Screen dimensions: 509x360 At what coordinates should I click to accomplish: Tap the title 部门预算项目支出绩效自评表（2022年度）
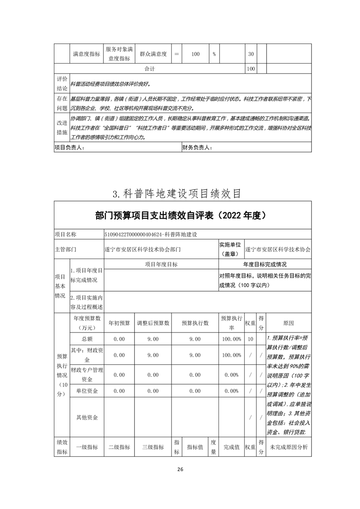[180, 215]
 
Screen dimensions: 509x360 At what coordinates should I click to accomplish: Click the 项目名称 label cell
[65, 235]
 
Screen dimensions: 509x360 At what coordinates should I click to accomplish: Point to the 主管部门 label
[65, 249]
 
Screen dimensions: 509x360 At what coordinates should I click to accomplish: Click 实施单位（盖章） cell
[231, 249]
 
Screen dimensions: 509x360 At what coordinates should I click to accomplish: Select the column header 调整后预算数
[153, 323]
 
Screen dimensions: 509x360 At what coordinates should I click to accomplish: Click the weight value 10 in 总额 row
[250, 339]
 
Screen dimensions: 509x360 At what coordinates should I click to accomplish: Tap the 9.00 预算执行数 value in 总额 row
[195, 339]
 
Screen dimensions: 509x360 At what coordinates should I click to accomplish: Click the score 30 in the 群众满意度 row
[250, 54]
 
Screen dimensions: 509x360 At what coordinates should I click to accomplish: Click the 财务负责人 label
[197, 147]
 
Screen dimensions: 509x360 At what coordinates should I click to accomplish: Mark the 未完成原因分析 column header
[289, 447]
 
